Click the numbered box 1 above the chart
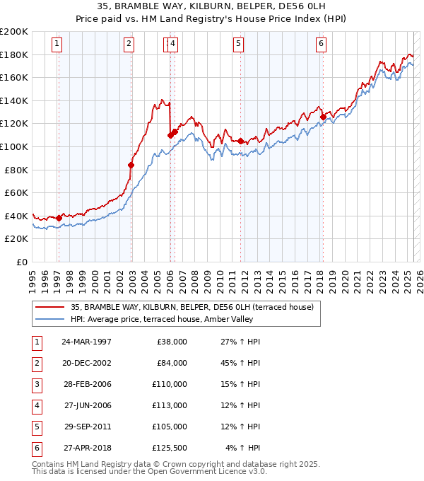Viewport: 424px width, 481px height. (57, 44)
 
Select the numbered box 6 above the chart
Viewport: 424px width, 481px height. (321, 44)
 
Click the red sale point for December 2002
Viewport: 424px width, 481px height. (131, 165)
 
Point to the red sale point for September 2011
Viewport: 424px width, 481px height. (240, 141)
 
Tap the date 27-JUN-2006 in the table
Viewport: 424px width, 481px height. (86, 405)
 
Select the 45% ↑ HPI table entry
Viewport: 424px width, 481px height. (243, 363)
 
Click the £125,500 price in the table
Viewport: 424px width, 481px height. (170, 448)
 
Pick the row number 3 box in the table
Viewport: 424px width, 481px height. (36, 384)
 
